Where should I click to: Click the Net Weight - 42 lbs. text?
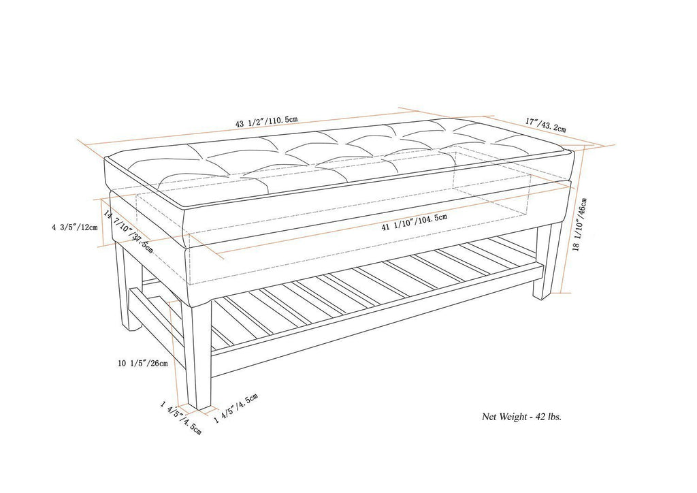(x=522, y=416)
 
